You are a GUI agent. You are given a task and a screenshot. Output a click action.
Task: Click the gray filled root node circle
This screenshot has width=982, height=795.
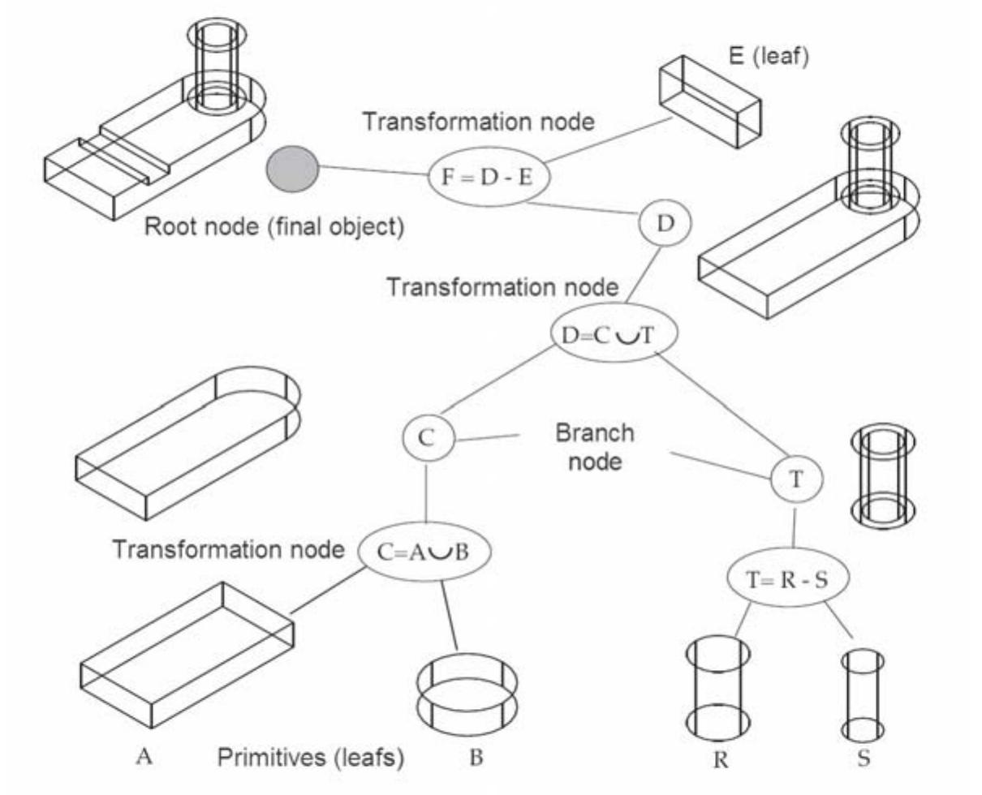click(x=292, y=168)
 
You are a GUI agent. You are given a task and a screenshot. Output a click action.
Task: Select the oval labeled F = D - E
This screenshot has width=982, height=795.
click(x=489, y=176)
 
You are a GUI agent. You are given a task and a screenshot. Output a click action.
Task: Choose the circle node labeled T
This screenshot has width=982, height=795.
click(x=796, y=479)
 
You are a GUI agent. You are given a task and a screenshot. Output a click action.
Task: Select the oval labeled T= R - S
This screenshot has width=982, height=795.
click(x=786, y=578)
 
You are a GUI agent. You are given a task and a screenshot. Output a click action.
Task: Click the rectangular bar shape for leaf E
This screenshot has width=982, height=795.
click(x=709, y=102)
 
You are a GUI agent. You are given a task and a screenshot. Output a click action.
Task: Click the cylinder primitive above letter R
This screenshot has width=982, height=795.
click(x=717, y=685)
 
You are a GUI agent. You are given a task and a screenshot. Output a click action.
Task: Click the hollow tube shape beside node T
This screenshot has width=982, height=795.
click(x=882, y=475)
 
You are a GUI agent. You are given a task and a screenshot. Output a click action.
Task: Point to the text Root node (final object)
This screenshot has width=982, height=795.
click(x=273, y=226)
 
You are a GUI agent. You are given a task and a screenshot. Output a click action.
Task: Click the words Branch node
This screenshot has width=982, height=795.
click(x=594, y=446)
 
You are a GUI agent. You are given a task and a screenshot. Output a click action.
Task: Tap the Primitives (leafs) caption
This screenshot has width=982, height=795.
click(x=311, y=758)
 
